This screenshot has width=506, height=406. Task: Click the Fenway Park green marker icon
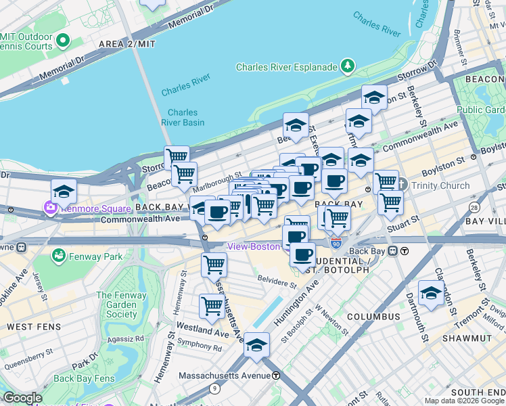pos(60,256)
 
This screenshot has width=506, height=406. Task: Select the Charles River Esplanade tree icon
pos(348,66)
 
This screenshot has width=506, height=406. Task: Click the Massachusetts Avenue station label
pos(227,376)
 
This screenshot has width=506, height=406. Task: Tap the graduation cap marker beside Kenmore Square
pos(64,191)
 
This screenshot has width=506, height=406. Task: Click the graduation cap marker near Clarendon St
pos(431,292)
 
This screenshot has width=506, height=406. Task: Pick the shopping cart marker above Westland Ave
pos(212,307)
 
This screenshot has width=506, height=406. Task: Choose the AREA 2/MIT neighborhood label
pos(127,43)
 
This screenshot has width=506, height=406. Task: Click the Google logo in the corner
pos(23,399)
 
